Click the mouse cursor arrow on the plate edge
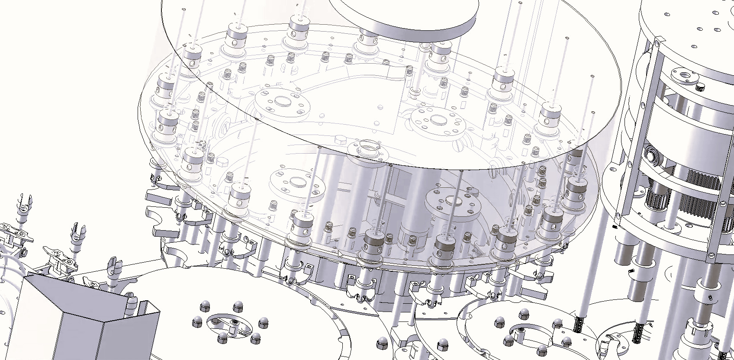click(x=341, y=254)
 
